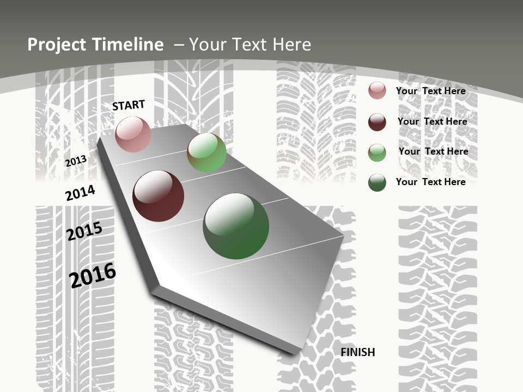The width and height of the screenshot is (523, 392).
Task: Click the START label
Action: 129,105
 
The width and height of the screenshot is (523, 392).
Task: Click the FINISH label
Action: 358,352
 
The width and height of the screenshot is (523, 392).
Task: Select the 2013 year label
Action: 76,161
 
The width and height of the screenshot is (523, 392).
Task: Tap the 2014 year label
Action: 80,193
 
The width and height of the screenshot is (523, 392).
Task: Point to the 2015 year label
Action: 84,231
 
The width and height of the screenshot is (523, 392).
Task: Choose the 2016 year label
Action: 93,275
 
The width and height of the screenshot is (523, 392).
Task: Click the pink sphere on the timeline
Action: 133,134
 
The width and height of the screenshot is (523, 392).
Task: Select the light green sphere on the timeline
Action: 206,153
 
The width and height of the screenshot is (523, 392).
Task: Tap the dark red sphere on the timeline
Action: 158,196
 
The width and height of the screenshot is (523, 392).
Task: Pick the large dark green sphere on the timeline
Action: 236,226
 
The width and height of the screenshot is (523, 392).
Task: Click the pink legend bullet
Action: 377,90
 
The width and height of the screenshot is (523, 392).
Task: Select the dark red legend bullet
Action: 377,122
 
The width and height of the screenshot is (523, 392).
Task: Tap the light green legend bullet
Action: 377,152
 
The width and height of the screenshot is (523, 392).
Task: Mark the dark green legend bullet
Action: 377,182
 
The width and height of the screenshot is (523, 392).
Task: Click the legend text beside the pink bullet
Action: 430,91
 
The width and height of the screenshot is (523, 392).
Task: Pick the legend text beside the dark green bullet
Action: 430,182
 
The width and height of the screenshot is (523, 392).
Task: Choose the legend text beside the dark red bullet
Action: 432,121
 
